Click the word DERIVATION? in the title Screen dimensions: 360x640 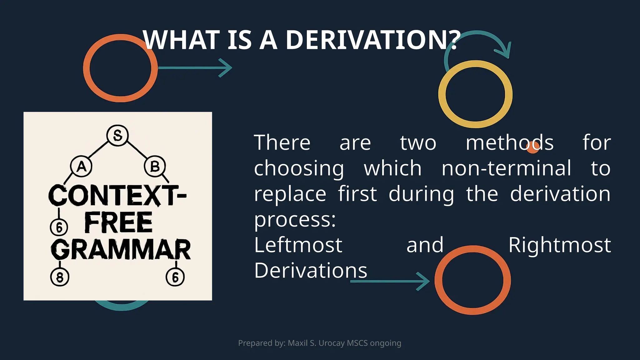[x=373, y=40]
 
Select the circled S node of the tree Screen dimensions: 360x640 [x=117, y=135]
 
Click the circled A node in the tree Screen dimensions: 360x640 [x=81, y=167]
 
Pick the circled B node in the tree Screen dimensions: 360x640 [x=155, y=167]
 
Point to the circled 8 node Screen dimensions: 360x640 [x=60, y=277]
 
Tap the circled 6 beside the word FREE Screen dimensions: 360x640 [x=59, y=227]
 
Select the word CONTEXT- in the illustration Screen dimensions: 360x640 [x=117, y=195]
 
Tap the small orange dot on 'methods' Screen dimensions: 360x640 [x=532, y=148]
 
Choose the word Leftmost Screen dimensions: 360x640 [x=298, y=245]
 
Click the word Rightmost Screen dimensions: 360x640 [x=559, y=245]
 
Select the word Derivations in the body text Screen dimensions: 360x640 [x=311, y=271]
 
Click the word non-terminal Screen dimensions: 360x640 [x=506, y=168]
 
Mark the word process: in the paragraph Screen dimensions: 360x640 [x=295, y=219]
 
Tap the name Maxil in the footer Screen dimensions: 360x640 [x=297, y=343]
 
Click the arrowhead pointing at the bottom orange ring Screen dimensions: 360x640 [x=424, y=281]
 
